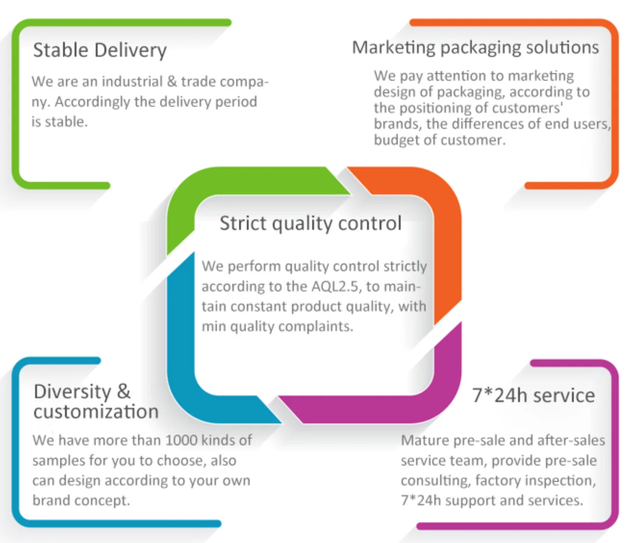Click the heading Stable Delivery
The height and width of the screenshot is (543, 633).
tap(100, 51)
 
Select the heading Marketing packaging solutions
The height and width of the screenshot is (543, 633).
tap(475, 48)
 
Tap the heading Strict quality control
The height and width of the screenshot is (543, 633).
tap(310, 224)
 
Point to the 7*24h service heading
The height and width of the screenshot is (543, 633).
tap(533, 395)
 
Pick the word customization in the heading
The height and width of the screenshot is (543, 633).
tap(96, 412)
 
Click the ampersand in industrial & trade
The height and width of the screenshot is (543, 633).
tap(172, 81)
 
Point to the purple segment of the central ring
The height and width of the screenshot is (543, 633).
tap(385, 409)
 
